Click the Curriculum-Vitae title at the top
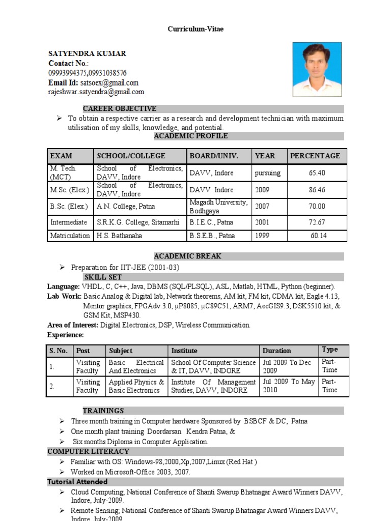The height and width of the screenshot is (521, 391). (195, 29)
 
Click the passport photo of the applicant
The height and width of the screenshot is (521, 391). (317, 69)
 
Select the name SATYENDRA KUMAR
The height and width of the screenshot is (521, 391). (87, 53)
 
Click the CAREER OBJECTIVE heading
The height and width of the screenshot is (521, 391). (120, 108)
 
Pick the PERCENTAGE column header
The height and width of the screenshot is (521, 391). (315, 156)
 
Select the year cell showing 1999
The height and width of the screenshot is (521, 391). (262, 236)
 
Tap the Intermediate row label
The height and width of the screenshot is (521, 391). (69, 222)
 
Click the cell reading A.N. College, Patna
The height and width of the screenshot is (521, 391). (126, 207)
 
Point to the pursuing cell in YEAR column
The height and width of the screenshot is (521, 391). (267, 173)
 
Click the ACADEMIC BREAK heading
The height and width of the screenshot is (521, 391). (188, 256)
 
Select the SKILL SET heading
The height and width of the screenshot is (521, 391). (103, 277)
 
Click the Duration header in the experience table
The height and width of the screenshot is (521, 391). (277, 351)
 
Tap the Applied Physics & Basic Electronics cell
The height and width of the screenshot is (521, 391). (136, 386)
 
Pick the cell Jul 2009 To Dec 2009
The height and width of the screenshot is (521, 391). (287, 367)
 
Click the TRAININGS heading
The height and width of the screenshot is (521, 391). (103, 411)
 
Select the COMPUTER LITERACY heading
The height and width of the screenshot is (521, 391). (88, 451)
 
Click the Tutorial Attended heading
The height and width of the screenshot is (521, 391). (77, 481)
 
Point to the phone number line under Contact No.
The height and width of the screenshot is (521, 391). (88, 73)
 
